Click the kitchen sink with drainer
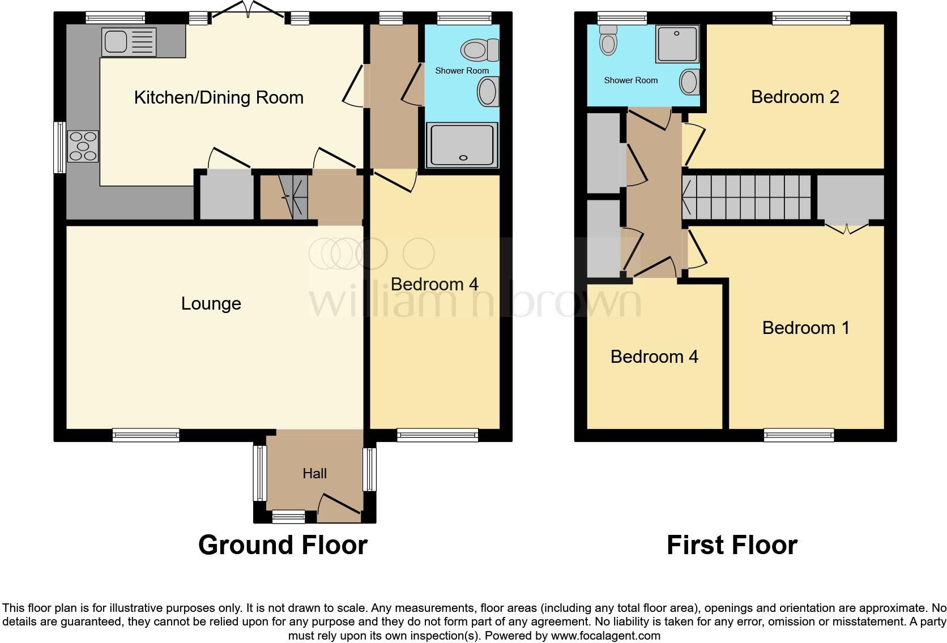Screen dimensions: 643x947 [129, 42]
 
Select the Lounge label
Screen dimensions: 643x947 [211, 304]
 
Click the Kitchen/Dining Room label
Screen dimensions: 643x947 [219, 97]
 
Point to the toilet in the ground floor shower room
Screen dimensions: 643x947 [479, 50]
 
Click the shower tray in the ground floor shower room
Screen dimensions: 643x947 [462, 145]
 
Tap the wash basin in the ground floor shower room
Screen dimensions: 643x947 [487, 92]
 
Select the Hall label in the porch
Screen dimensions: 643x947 [314, 473]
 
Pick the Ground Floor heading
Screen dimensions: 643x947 [283, 545]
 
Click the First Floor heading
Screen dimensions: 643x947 [732, 545]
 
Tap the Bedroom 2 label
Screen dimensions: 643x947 [795, 97]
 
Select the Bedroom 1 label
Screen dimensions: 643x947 [805, 328]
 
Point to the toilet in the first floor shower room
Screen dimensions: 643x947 [608, 40]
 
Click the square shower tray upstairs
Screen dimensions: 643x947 [677, 44]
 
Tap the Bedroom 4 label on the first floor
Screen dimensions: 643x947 [654, 357]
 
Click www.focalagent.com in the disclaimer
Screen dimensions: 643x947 [605, 636]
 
